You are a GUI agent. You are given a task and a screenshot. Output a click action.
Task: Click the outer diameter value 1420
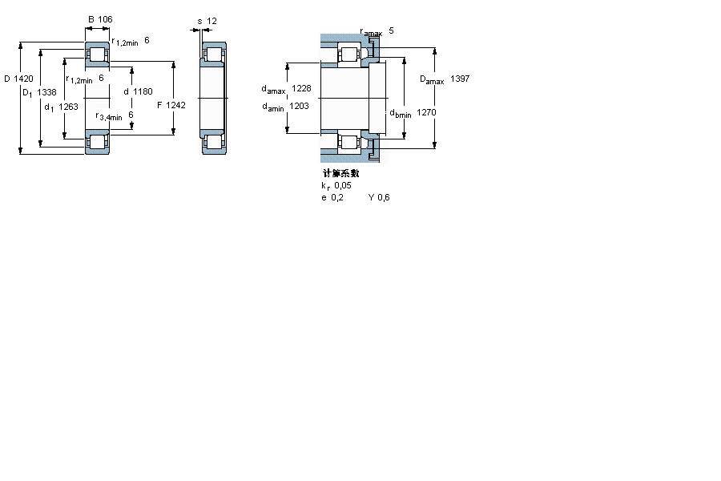[23, 79]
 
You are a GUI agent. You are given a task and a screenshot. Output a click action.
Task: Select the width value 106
[105, 19]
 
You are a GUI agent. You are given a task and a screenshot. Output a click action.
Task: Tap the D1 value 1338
[46, 92]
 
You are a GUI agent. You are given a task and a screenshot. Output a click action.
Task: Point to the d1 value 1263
[68, 107]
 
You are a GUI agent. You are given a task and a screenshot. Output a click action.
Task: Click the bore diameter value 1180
[143, 91]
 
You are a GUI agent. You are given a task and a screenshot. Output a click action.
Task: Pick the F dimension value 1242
[175, 105]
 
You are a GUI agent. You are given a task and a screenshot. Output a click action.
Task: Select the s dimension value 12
[211, 21]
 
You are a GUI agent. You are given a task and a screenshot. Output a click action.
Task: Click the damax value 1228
[301, 88]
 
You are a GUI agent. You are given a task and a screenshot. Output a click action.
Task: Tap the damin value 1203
[299, 107]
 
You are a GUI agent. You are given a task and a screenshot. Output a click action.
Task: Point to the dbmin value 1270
[426, 112]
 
